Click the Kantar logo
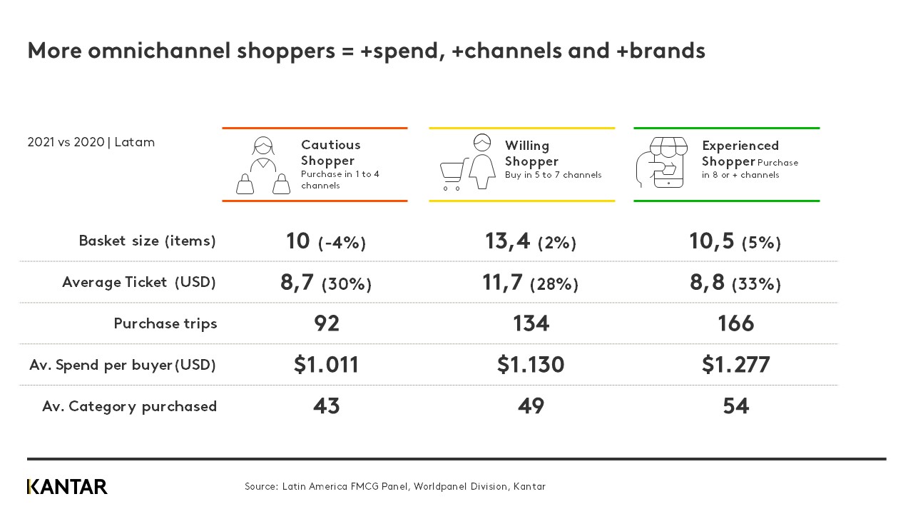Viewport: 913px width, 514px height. pyautogui.click(x=67, y=487)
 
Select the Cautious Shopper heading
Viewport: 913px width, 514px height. pyautogui.click(x=330, y=153)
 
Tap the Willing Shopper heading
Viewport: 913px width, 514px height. pyautogui.click(x=531, y=153)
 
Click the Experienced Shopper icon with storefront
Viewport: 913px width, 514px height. pyautogui.click(x=661, y=163)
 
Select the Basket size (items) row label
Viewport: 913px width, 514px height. pyautogui.click(x=147, y=241)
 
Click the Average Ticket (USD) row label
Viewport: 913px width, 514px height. pyautogui.click(x=138, y=282)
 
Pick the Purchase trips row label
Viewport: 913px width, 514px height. pyautogui.click(x=165, y=323)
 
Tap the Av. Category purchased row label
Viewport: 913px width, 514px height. pyautogui.click(x=129, y=406)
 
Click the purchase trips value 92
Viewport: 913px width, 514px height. pyautogui.click(x=327, y=323)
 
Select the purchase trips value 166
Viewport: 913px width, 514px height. pyautogui.click(x=735, y=323)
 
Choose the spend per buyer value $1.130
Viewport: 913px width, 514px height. pyautogui.click(x=531, y=365)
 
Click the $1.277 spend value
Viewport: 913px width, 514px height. pyautogui.click(x=735, y=365)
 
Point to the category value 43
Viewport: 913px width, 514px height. pyautogui.click(x=327, y=406)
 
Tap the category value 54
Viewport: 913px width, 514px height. pyautogui.click(x=735, y=406)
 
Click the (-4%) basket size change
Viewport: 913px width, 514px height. pyautogui.click(x=342, y=243)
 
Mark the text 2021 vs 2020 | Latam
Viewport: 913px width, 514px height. pyautogui.click(x=91, y=142)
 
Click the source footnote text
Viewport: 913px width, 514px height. pyautogui.click(x=394, y=487)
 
